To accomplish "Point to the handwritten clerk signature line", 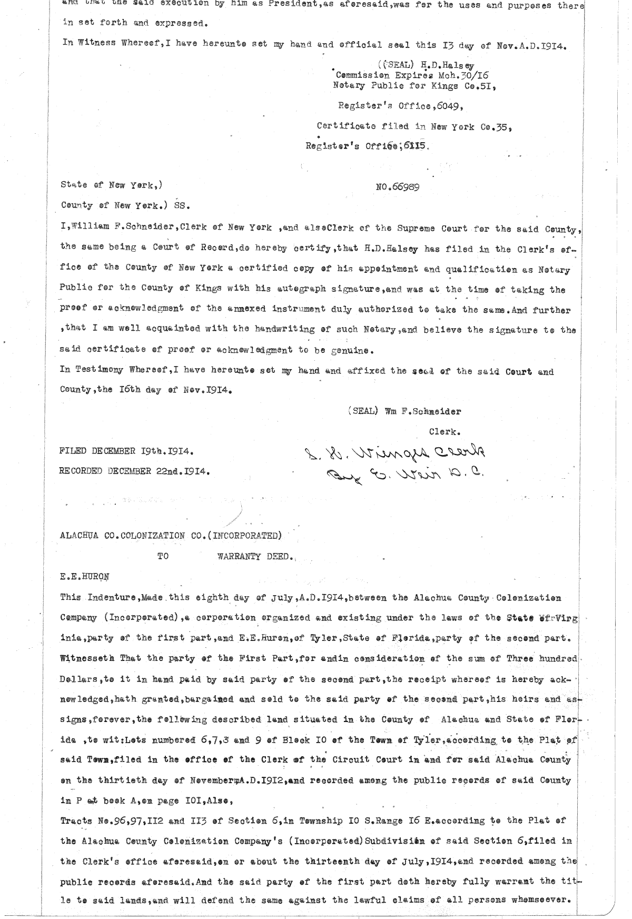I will pos(393,452).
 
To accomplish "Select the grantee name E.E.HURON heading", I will pos(84,576).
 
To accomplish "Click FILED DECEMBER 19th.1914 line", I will pos(127,452).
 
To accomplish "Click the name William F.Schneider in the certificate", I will pos(122,229).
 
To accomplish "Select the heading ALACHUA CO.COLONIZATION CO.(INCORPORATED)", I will pos(171,536).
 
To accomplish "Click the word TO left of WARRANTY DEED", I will pos(163,556).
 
